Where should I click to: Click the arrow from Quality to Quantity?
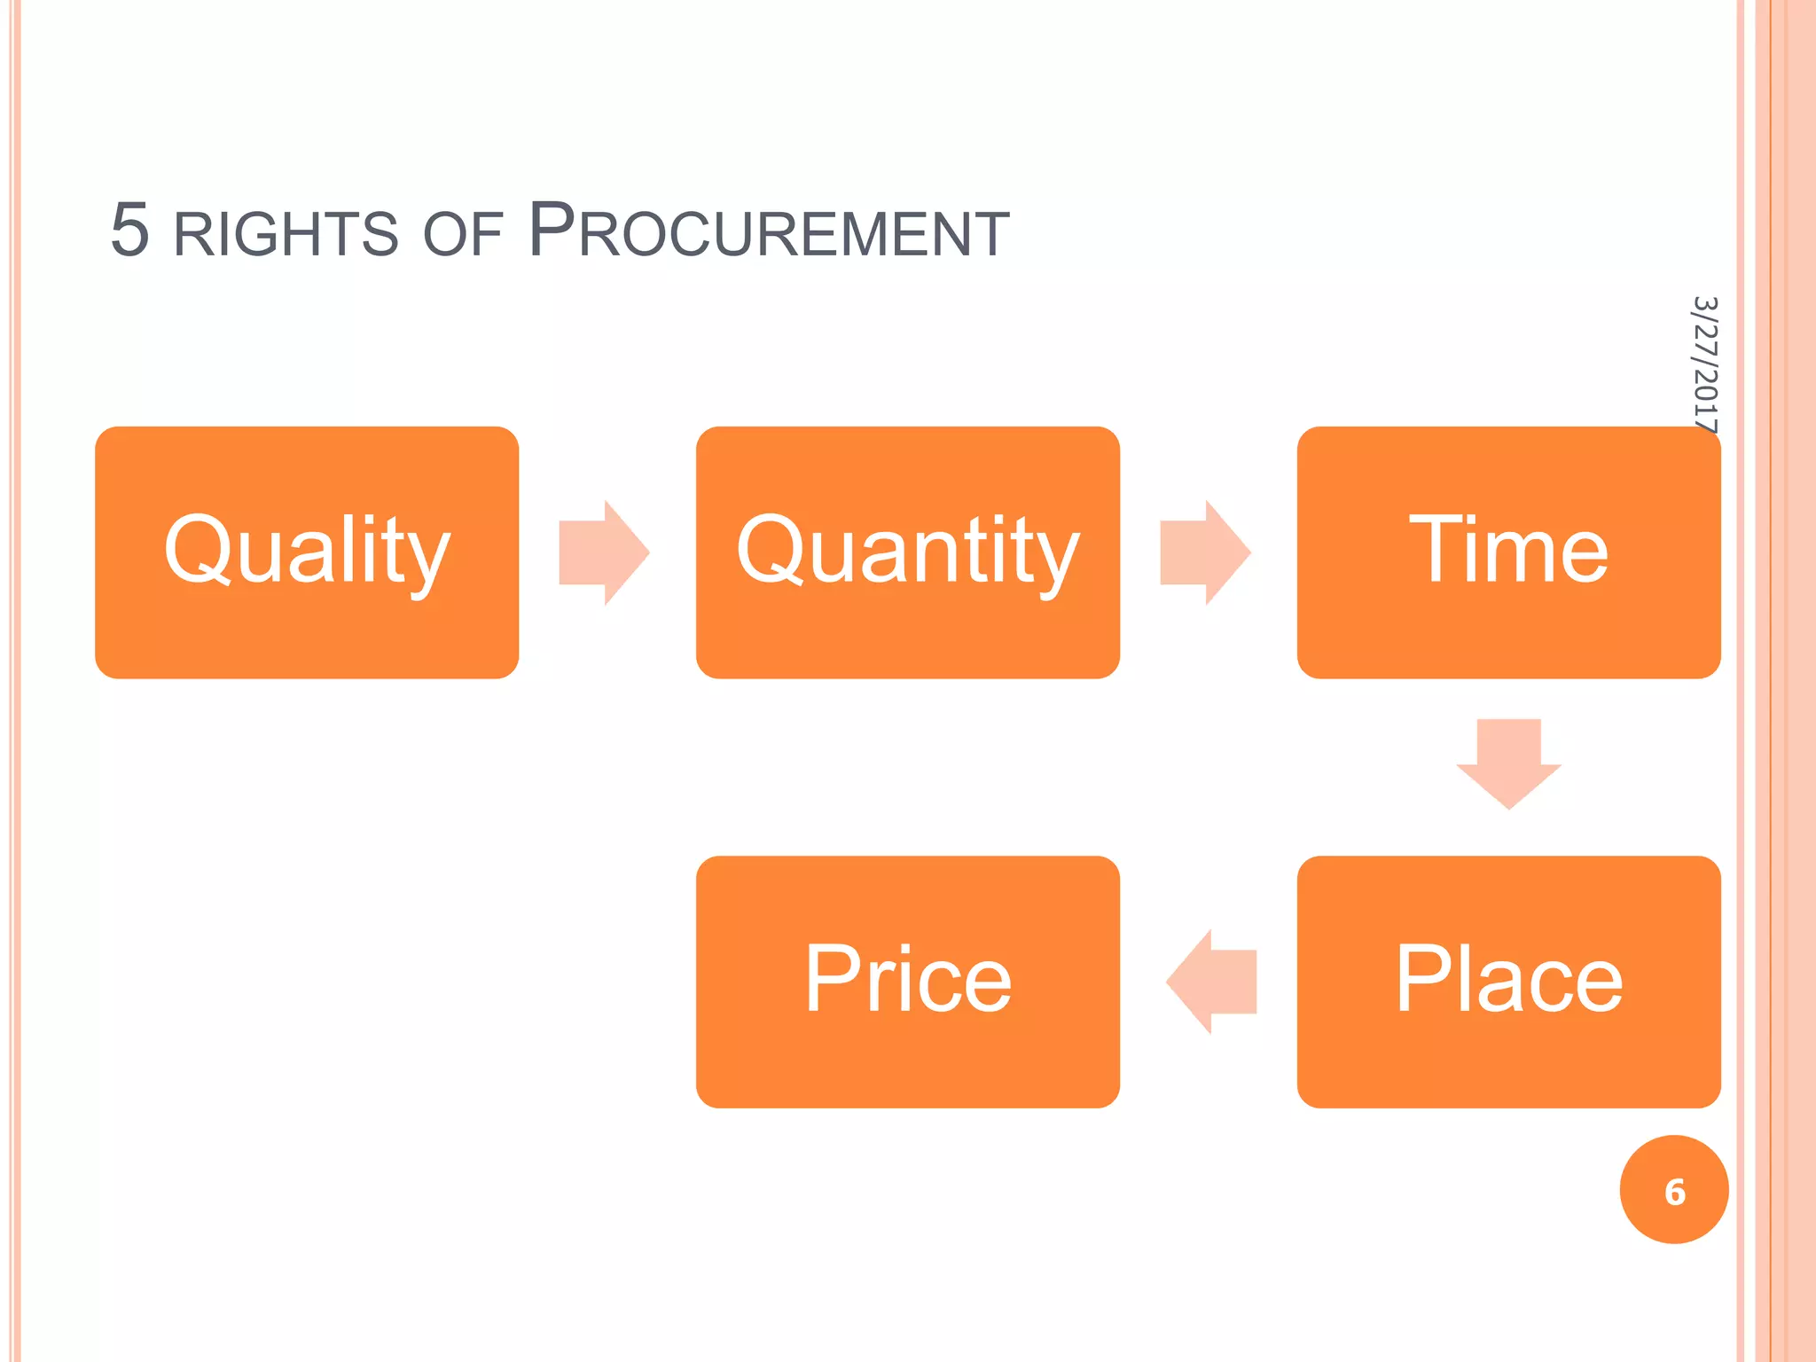tap(604, 552)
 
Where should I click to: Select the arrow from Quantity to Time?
tap(1205, 552)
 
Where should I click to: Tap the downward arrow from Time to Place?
tap(1508, 763)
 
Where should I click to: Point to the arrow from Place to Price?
tap(1211, 982)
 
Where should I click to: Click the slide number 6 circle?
tap(1673, 1190)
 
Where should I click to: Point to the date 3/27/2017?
tap(1704, 364)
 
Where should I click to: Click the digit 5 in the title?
tap(129, 230)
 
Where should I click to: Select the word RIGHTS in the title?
tap(286, 234)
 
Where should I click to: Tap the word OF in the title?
tap(463, 235)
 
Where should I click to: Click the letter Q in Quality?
tap(200, 549)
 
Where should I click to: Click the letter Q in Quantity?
tap(771, 549)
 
